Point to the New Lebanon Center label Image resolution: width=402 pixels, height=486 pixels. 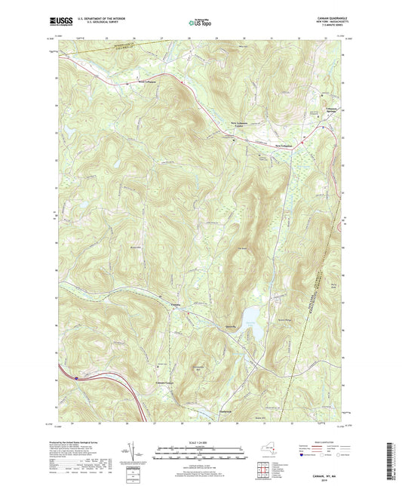238,123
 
